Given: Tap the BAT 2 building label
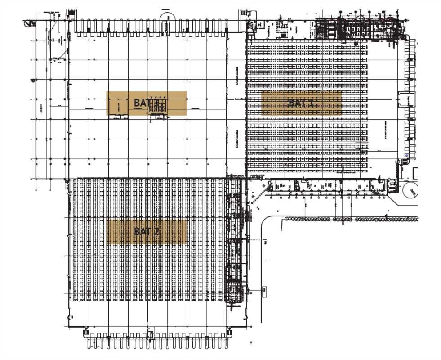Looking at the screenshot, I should coord(147,232).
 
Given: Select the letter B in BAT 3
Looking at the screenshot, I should coord(137,103).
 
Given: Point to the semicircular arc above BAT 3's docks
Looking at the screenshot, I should coord(167,18).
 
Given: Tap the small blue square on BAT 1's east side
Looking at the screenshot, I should coord(406,155).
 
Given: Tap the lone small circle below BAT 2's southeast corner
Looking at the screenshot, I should coord(251,342).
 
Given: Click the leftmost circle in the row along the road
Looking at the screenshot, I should coord(286,219).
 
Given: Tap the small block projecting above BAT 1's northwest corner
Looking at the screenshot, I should coord(245,13).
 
